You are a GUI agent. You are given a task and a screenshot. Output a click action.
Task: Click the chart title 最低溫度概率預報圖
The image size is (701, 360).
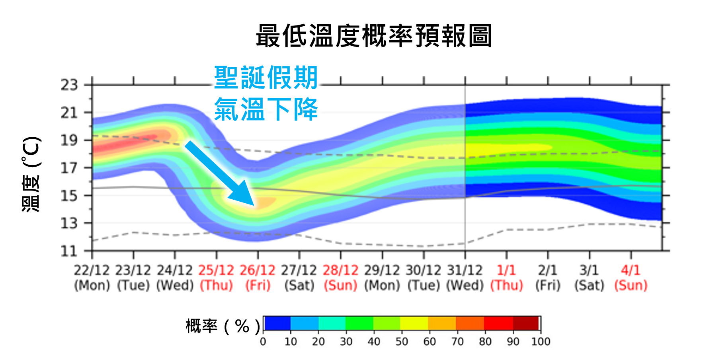click(374, 36)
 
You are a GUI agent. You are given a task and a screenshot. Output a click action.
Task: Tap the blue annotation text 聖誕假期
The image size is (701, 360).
click(266, 78)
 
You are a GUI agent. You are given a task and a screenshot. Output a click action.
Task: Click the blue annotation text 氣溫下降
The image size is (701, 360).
click(266, 109)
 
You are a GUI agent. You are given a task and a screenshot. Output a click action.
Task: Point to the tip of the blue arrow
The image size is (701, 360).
click(253, 205)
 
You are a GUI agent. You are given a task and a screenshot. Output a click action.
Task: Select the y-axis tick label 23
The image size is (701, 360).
click(69, 85)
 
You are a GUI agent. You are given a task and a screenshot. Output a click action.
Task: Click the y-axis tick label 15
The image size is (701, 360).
click(69, 196)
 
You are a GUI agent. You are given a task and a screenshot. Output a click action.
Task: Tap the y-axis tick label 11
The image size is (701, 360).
click(69, 251)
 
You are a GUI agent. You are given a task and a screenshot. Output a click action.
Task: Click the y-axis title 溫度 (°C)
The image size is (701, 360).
click(31, 174)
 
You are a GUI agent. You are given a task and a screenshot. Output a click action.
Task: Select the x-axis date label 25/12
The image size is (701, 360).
click(216, 270)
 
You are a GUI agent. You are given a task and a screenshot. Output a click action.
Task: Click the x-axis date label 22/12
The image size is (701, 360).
click(92, 270)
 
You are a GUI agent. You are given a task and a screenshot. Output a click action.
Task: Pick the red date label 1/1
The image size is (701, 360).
click(506, 270)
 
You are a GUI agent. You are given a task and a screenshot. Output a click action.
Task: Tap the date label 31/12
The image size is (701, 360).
click(465, 270)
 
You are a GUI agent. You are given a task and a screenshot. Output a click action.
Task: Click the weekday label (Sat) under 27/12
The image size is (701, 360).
click(299, 286)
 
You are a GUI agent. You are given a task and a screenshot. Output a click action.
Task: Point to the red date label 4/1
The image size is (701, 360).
click(631, 270)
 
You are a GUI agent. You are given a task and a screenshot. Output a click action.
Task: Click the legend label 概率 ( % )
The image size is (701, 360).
click(223, 327)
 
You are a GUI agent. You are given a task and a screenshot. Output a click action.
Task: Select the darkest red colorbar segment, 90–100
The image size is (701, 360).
click(526, 323)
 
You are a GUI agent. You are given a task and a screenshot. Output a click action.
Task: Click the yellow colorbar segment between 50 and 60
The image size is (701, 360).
click(414, 323)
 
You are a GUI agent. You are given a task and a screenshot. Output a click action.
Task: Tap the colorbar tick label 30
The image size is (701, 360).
click(346, 342)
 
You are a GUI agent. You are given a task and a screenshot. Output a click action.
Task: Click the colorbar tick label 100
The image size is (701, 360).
click(541, 342)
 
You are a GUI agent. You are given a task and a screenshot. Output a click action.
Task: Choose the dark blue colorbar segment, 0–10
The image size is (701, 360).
click(277, 323)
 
